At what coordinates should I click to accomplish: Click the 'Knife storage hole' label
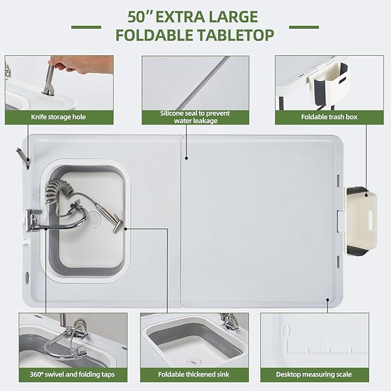[x=58, y=116]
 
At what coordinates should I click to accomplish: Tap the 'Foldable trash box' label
[x=329, y=116]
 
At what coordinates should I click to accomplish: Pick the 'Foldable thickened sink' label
[x=194, y=374]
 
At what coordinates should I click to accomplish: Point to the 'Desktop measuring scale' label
[x=313, y=374]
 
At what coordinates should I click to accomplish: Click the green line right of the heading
[x=303, y=26]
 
